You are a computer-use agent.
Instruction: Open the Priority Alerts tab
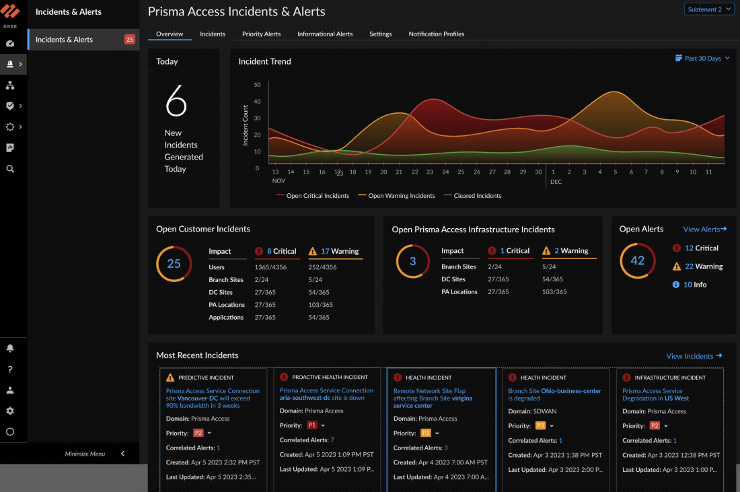(x=261, y=34)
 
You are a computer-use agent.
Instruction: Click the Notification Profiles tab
(x=436, y=34)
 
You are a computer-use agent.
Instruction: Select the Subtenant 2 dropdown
(x=708, y=9)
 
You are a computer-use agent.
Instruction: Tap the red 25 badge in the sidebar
(x=130, y=40)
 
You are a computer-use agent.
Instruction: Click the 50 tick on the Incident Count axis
(x=257, y=85)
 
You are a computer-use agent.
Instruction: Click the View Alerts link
(x=704, y=230)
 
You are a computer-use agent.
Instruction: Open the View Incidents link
(x=694, y=356)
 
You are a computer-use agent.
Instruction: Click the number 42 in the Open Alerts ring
(x=637, y=260)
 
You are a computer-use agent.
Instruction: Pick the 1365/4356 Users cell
(x=270, y=267)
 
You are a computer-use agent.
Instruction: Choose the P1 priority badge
(x=311, y=425)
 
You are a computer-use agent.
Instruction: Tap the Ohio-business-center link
(x=570, y=391)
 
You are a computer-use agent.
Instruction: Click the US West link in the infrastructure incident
(x=677, y=398)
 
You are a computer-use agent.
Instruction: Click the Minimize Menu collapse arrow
(x=122, y=454)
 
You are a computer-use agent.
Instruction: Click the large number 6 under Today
(x=176, y=102)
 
